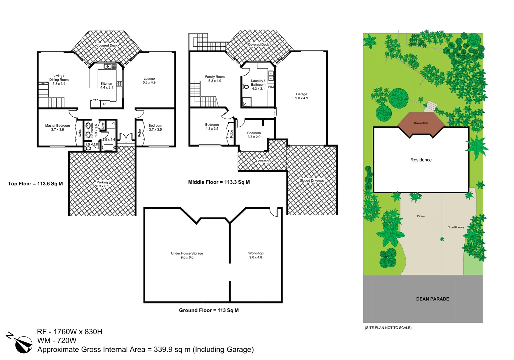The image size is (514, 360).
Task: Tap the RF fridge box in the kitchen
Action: point(105,104)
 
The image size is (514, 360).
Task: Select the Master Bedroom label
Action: point(58,127)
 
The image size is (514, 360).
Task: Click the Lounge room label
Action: point(149,80)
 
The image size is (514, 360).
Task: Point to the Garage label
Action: point(301,96)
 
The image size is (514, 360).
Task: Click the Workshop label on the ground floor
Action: point(256,255)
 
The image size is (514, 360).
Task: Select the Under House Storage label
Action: point(187,255)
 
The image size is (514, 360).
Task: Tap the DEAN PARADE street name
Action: point(432,299)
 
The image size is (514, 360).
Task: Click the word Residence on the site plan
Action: point(421,160)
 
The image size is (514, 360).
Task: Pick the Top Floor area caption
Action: point(35,184)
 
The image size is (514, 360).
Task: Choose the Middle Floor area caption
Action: point(219,182)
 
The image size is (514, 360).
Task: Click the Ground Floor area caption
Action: point(209,310)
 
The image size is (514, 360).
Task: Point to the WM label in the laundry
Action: point(270,87)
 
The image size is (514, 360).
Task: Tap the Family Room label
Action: point(215,79)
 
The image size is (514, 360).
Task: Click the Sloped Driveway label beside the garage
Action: point(312,181)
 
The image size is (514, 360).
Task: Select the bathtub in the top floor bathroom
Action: point(108,147)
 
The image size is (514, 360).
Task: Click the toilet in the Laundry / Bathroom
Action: point(246,87)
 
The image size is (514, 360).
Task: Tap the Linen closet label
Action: point(103,125)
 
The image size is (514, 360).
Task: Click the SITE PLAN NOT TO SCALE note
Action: point(388,328)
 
